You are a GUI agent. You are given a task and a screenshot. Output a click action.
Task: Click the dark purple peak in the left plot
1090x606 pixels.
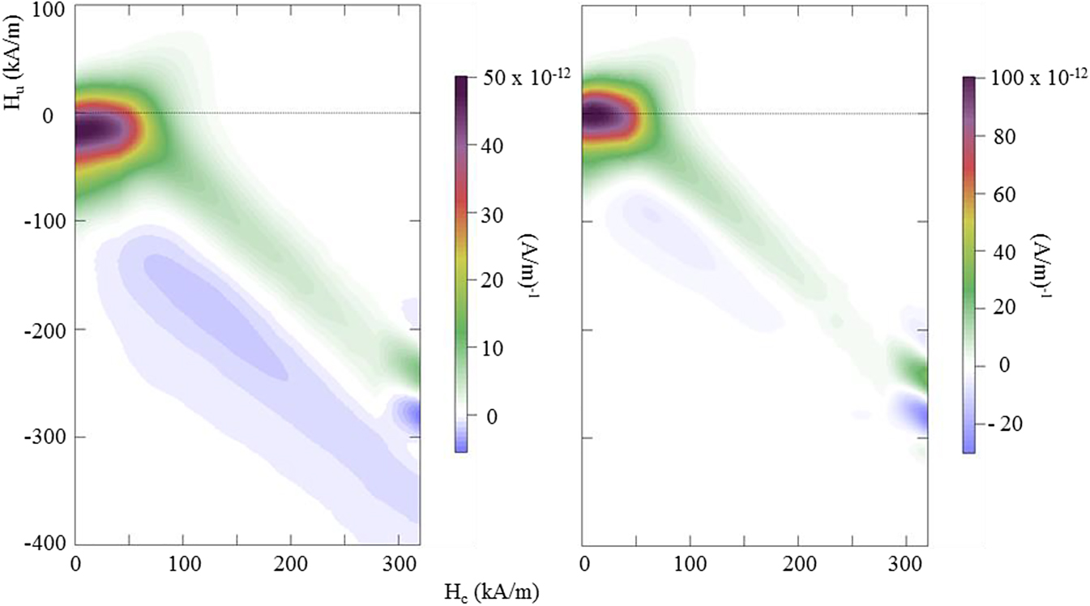93,130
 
